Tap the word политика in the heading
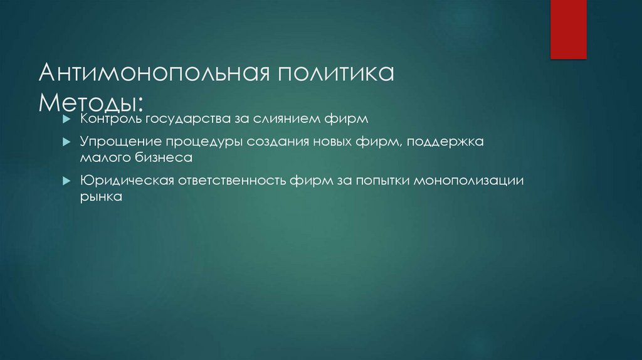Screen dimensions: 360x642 (x=333, y=74)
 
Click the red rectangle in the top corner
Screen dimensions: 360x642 (x=568, y=29)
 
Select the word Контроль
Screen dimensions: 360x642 (x=104, y=118)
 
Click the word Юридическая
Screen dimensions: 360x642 (x=120, y=181)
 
